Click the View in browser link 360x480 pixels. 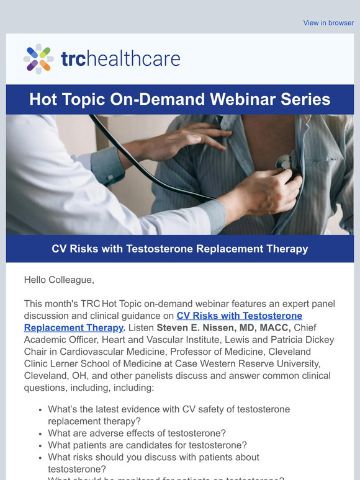[328, 23]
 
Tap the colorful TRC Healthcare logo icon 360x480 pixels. [38, 59]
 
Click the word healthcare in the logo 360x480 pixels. [132, 60]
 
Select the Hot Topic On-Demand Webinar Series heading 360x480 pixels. [179, 100]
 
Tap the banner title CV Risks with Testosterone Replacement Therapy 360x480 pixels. [179, 249]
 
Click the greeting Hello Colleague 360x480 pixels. [59, 280]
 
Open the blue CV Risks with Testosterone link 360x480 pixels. [239, 316]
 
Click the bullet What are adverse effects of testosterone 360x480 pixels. [137, 433]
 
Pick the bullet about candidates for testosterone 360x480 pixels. [147, 445]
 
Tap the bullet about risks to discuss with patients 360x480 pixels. [153, 463]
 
